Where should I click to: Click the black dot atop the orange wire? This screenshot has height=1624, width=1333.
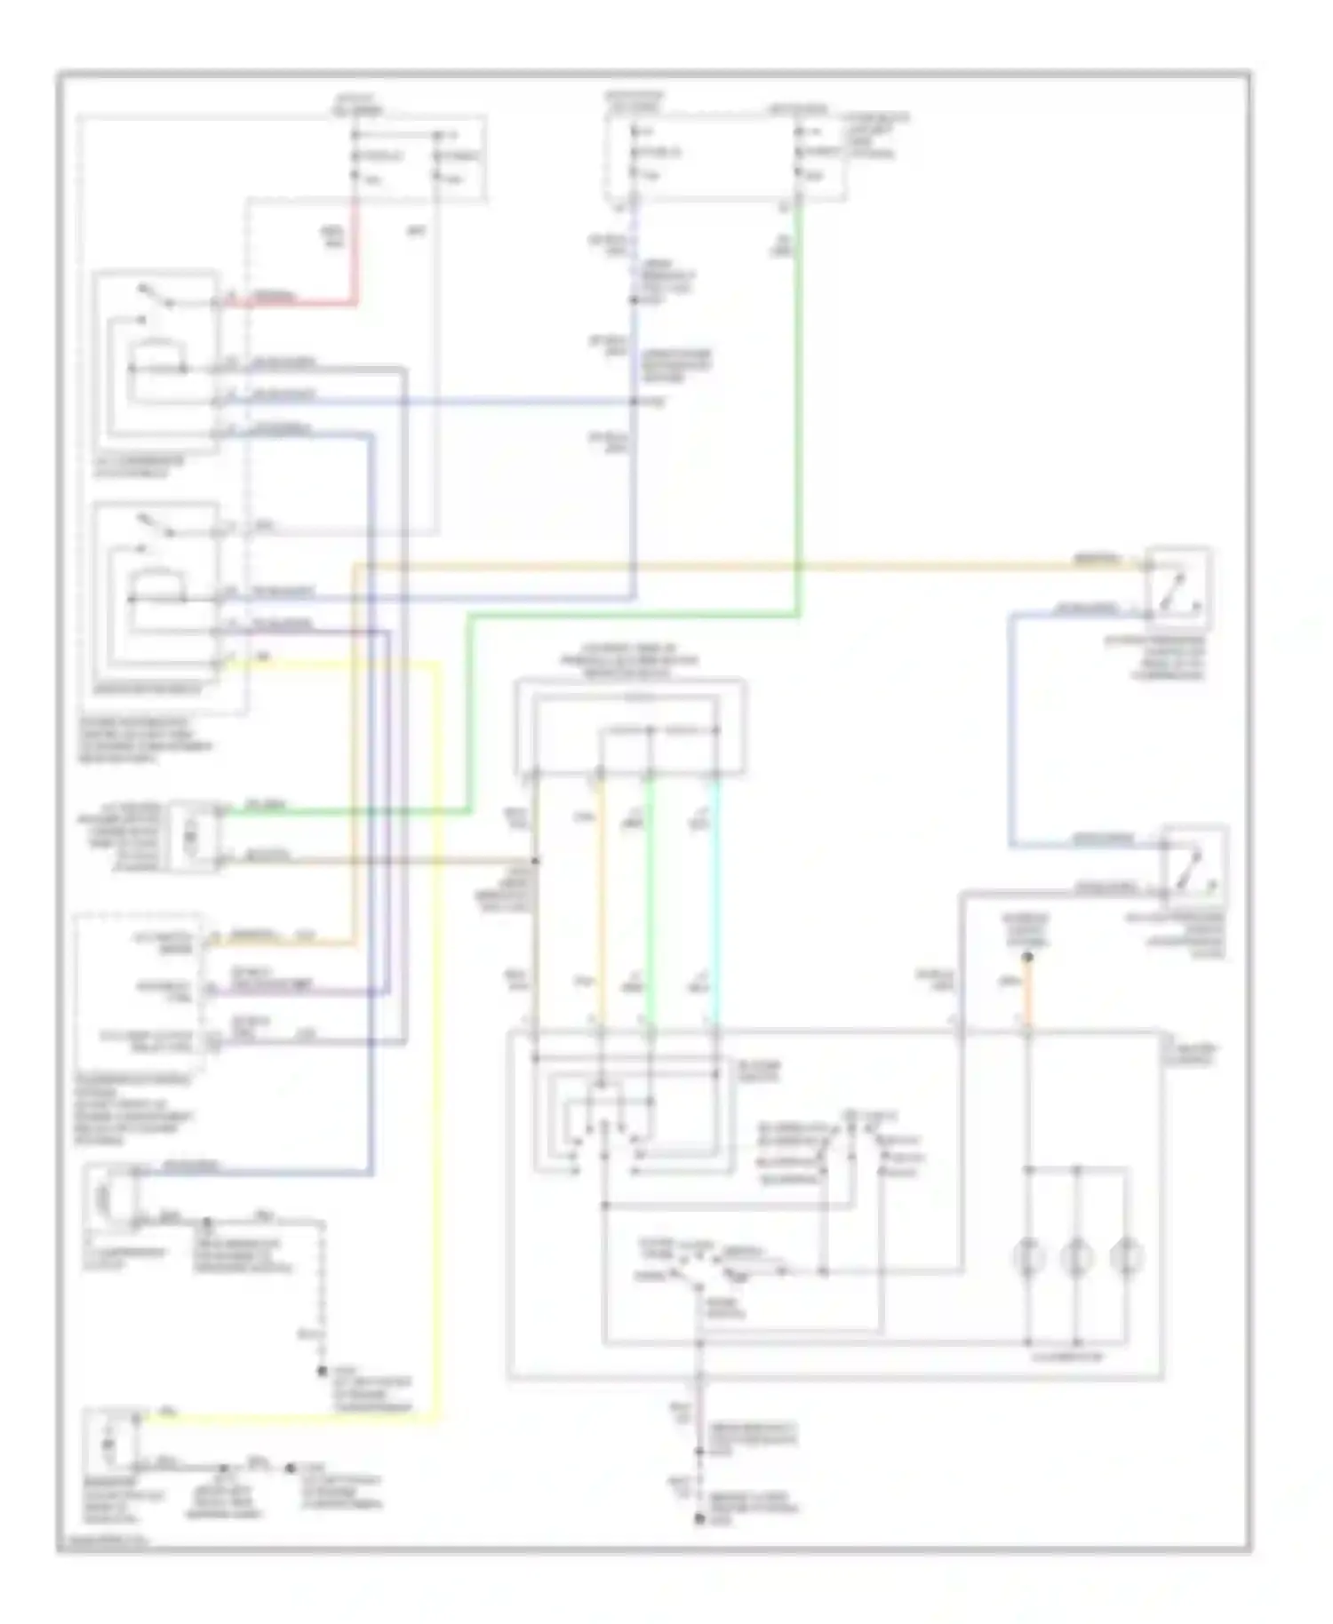tap(1027, 958)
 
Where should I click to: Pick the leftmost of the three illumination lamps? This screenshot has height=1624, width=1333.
tap(1027, 1257)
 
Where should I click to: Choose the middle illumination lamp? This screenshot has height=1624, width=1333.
tap(1076, 1257)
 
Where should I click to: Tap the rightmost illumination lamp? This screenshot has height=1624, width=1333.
tap(1126, 1257)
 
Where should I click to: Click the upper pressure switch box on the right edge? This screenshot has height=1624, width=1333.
tap(1177, 588)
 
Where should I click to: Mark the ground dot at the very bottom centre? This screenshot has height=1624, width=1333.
tap(699, 1520)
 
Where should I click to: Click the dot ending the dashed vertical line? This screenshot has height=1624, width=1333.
tap(323, 1372)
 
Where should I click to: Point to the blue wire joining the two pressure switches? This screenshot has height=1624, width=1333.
tap(1011, 728)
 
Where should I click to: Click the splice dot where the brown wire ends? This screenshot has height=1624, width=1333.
tap(534, 860)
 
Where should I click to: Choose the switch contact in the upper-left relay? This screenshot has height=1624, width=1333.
tap(156, 298)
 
